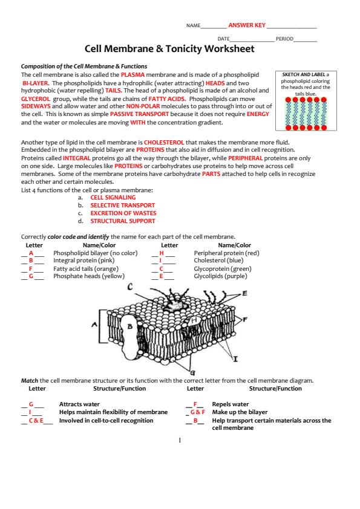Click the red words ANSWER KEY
[x=247, y=25]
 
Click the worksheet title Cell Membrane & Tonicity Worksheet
[x=169, y=49]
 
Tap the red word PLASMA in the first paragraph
[x=133, y=75]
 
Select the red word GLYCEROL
[x=36, y=99]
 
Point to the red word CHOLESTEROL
[x=164, y=142]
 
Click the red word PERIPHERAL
[x=245, y=158]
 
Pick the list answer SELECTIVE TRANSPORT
[x=122, y=205]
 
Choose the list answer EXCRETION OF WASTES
[x=123, y=213]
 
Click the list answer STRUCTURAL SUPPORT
[x=122, y=221]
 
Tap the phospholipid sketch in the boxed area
[x=306, y=114]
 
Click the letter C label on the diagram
[x=130, y=287]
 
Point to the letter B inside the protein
[x=130, y=326]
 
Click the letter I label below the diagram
[x=235, y=358]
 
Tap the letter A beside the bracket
[x=94, y=324]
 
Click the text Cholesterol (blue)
[x=218, y=261]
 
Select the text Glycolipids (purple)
[x=221, y=276]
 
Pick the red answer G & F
[x=198, y=412]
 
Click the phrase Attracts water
[x=79, y=404]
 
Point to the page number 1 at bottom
[x=180, y=441]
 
